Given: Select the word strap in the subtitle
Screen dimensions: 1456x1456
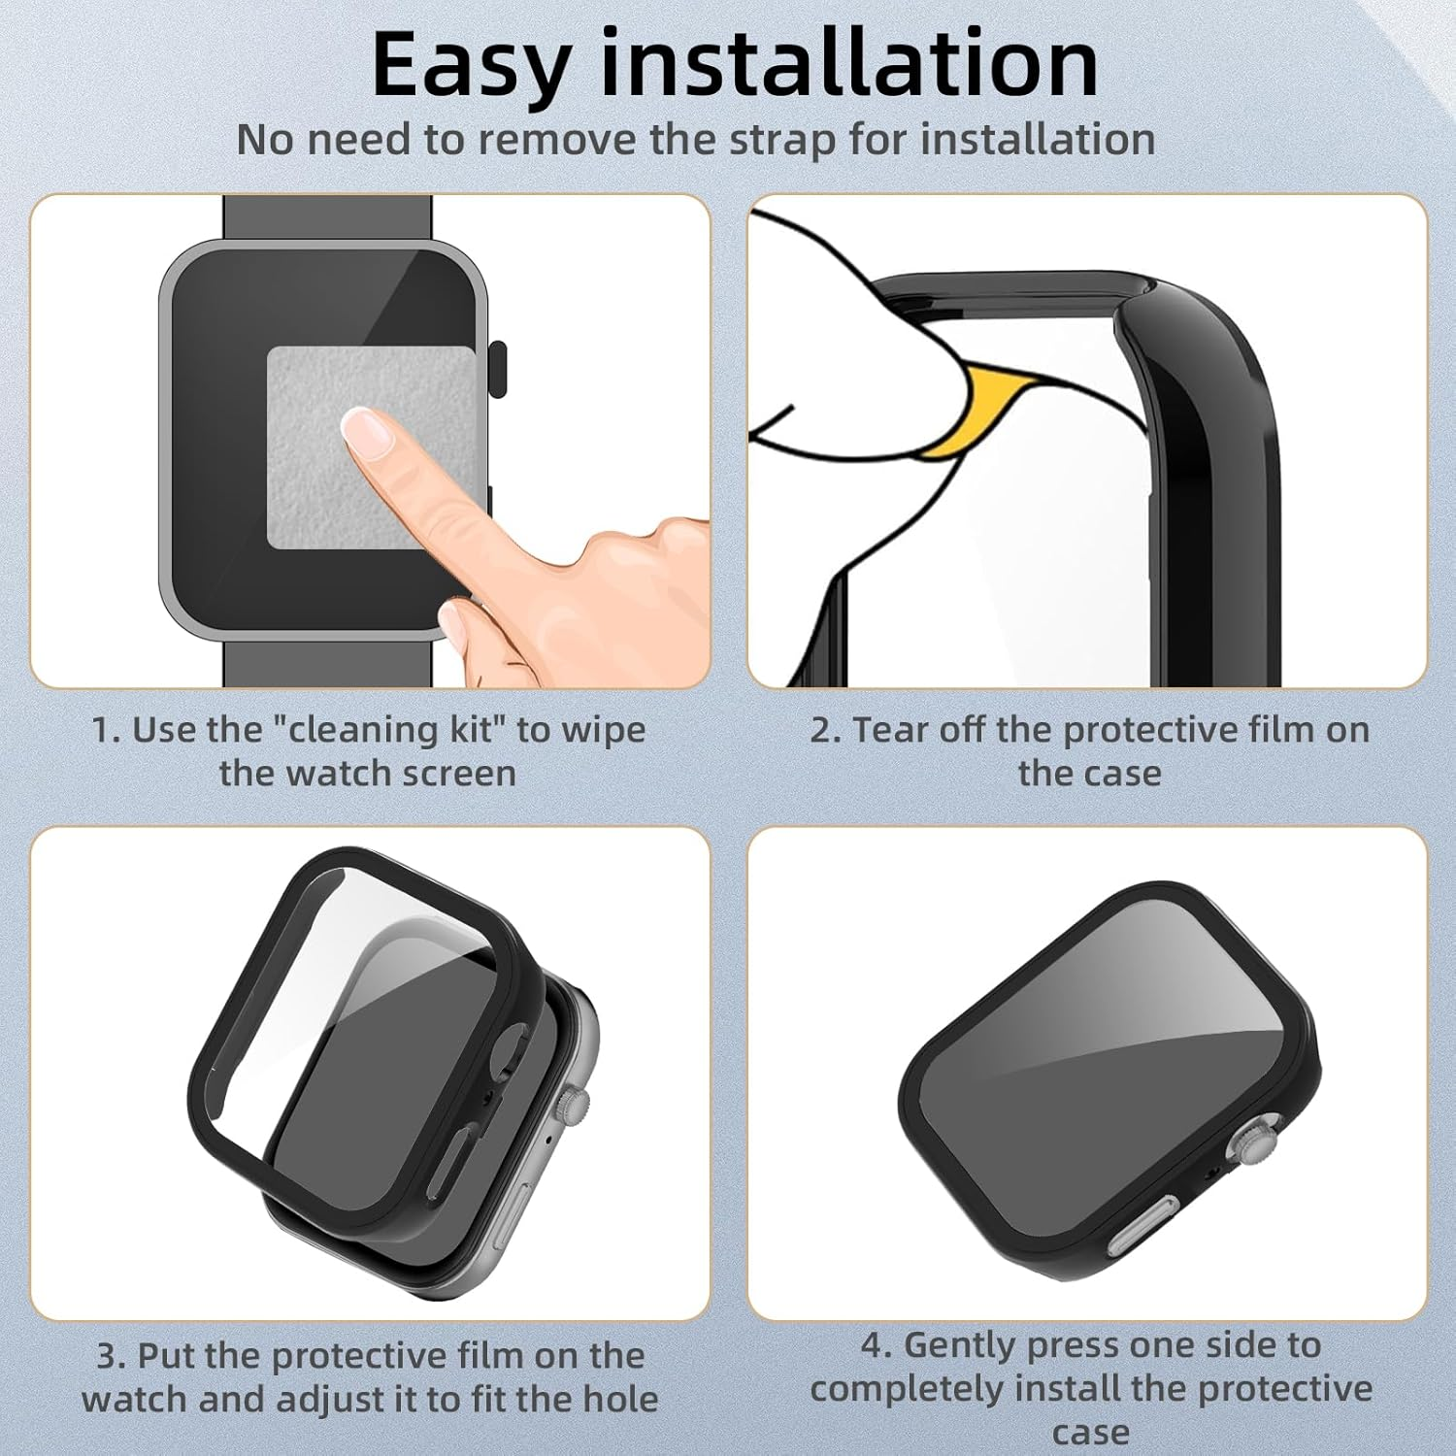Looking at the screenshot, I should click(x=782, y=140).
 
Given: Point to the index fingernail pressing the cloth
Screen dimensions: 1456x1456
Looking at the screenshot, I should click(x=367, y=431).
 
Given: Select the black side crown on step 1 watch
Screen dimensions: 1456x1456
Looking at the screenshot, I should click(x=498, y=368).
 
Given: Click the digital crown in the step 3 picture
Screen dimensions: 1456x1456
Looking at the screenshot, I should click(x=578, y=1104).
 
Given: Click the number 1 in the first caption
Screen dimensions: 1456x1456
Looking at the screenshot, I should click(x=101, y=731).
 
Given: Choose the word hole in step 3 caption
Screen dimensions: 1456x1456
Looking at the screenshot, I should click(x=620, y=1400).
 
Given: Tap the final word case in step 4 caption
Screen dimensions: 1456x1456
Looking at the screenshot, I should click(x=1090, y=1433).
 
